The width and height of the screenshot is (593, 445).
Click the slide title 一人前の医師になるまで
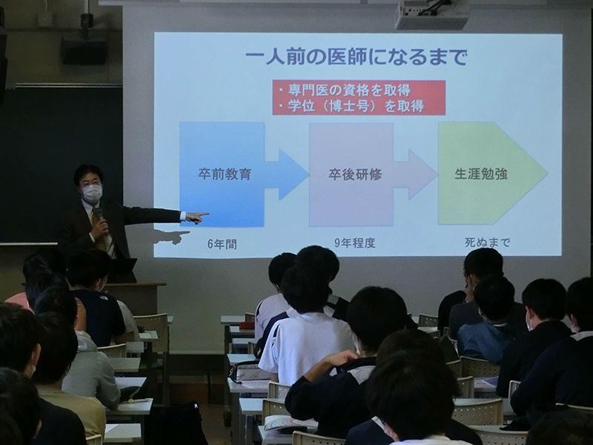click(x=357, y=57)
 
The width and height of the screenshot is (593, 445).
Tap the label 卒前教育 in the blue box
click(x=225, y=174)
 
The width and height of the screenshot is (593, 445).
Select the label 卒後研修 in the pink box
click(x=355, y=174)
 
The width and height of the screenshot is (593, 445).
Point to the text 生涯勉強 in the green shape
click(x=480, y=174)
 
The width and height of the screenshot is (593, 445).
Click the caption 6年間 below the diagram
click(x=222, y=245)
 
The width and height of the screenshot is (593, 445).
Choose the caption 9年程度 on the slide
click(x=355, y=243)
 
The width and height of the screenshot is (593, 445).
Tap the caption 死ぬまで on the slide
click(x=488, y=243)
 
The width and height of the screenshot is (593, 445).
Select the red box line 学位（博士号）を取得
click(x=351, y=106)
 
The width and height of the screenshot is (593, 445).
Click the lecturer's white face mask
click(x=92, y=193)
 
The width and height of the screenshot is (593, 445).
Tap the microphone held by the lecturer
click(x=99, y=217)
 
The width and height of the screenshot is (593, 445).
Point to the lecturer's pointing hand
click(x=197, y=217)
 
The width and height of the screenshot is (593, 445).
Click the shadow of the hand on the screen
click(x=173, y=237)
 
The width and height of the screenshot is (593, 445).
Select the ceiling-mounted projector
click(x=431, y=14)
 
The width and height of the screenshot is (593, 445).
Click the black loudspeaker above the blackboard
click(x=84, y=50)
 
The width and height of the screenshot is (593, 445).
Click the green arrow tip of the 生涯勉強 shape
click(x=546, y=174)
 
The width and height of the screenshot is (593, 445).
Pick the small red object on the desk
click(x=247, y=326)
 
